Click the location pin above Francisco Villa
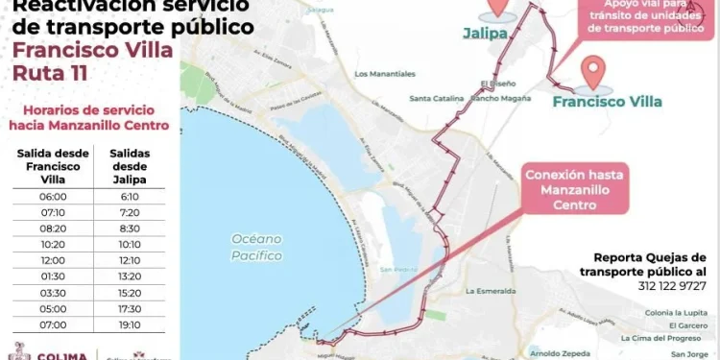pyautogui.click(x=596, y=72)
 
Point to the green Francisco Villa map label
pyautogui.click(x=607, y=100)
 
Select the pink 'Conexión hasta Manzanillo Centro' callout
pyautogui.click(x=575, y=190)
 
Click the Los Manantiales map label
pyautogui.click(x=385, y=74)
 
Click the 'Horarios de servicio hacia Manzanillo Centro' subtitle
pyautogui.click(x=88, y=118)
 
